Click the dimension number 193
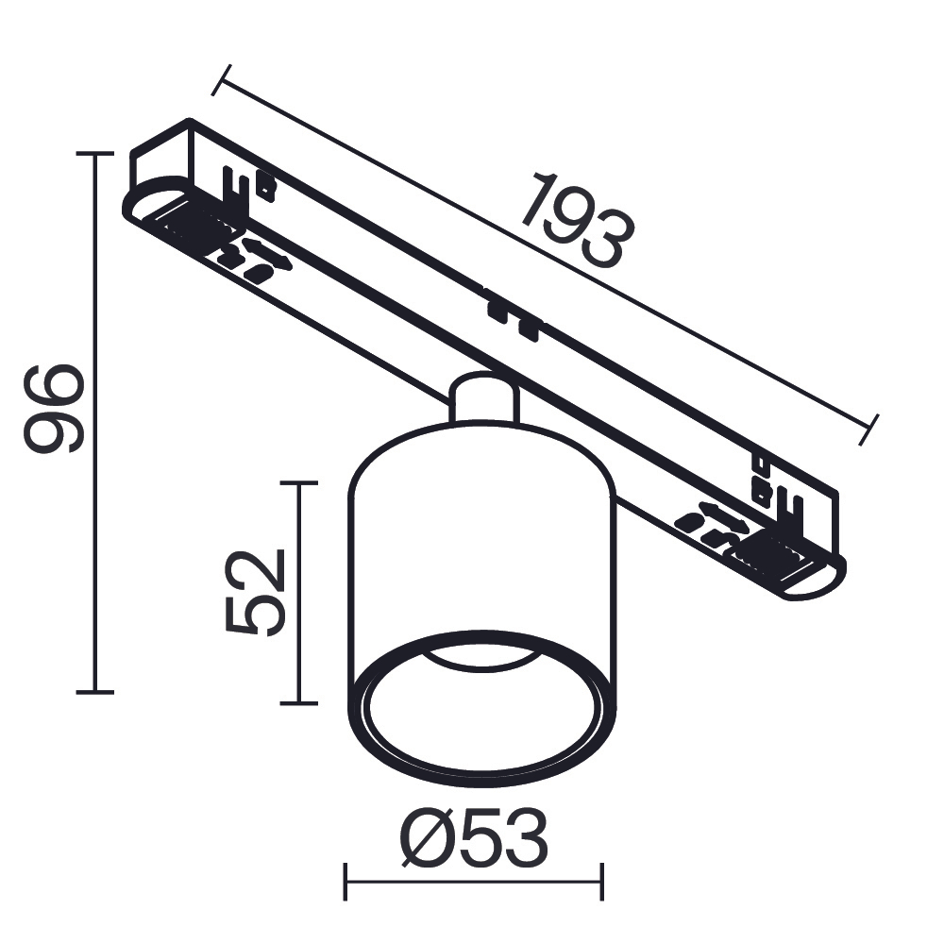(x=575, y=220)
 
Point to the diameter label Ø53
(x=473, y=838)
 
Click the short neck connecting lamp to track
(x=483, y=396)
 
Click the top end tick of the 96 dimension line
(x=94, y=153)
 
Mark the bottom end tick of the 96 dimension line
(x=94, y=692)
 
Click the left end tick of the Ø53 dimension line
(x=346, y=882)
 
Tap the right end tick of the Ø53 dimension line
(x=601, y=882)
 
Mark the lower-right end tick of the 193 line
(x=870, y=429)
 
